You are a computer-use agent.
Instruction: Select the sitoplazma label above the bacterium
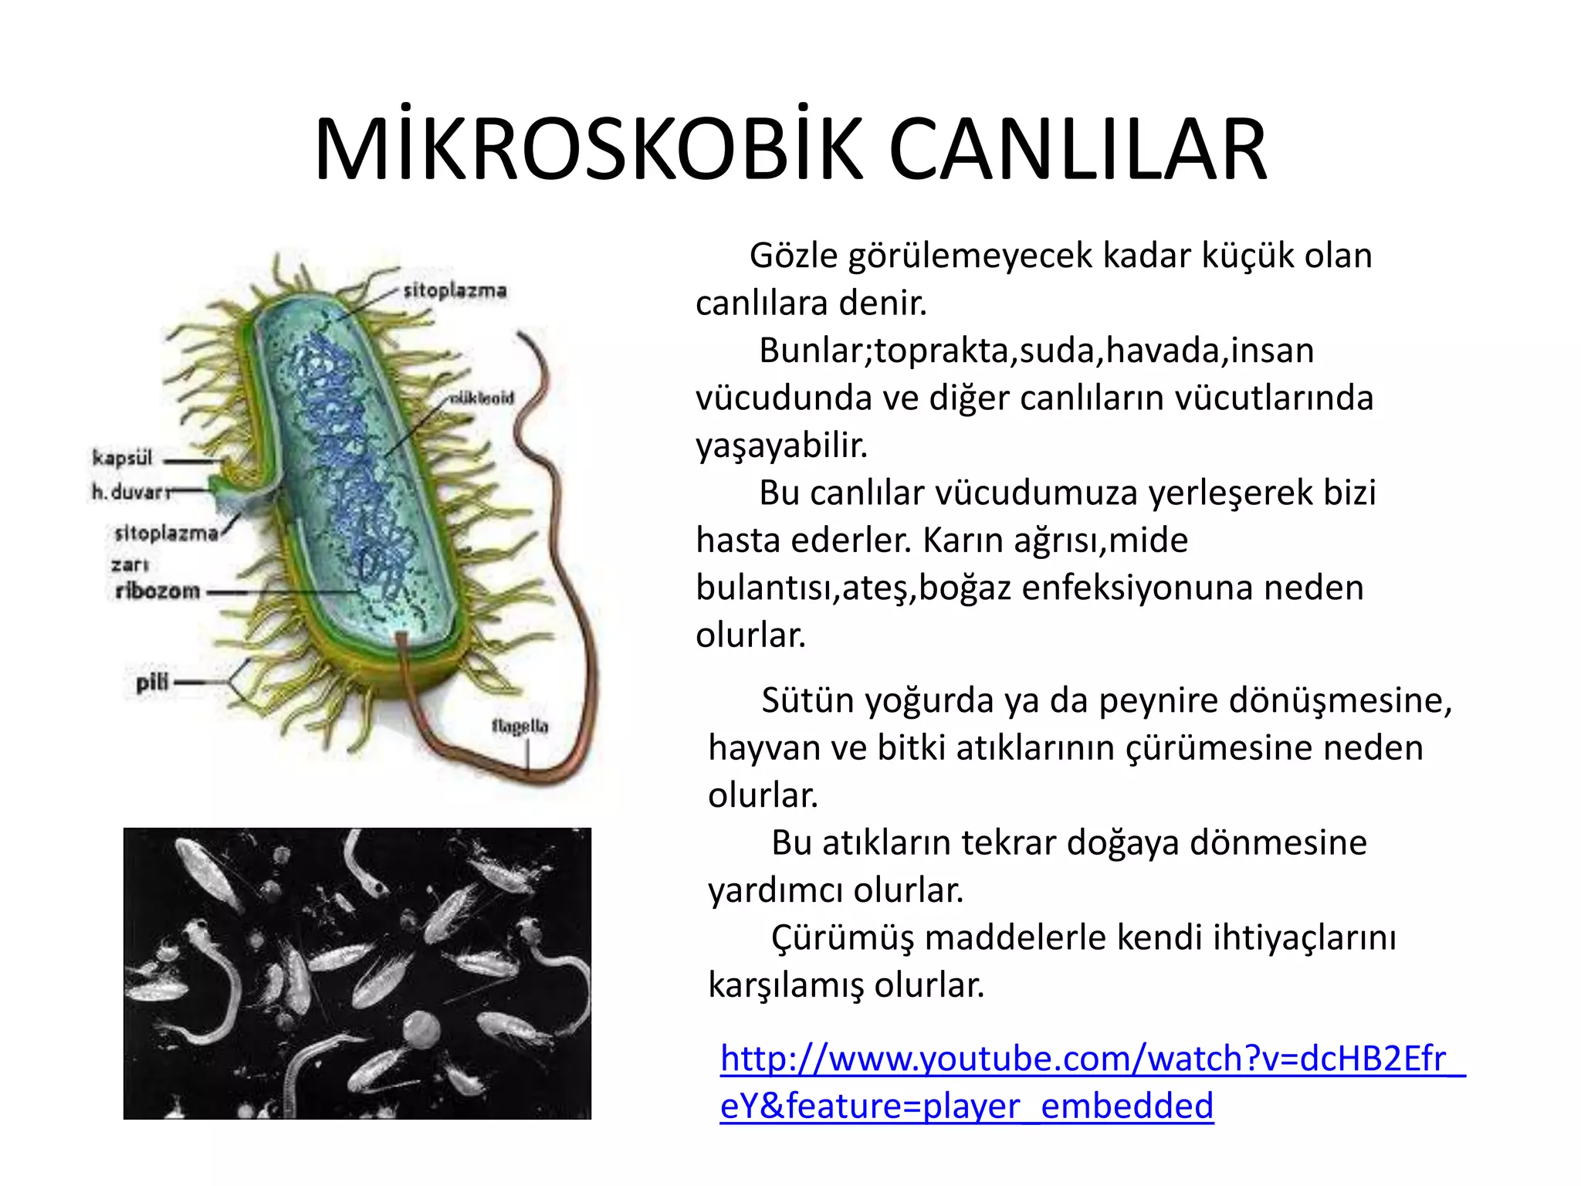(x=455, y=291)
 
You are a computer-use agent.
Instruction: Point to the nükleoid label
(x=482, y=398)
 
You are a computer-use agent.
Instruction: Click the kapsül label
(x=122, y=458)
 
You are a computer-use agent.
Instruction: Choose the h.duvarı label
(x=128, y=492)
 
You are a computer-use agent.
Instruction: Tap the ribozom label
(x=157, y=591)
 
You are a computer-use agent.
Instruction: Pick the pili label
(x=151, y=683)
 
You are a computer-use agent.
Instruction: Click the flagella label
(x=520, y=727)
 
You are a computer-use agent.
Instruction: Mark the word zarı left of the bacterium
(x=129, y=564)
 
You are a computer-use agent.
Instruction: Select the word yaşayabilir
(x=782, y=446)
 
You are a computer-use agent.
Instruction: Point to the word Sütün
(x=807, y=700)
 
